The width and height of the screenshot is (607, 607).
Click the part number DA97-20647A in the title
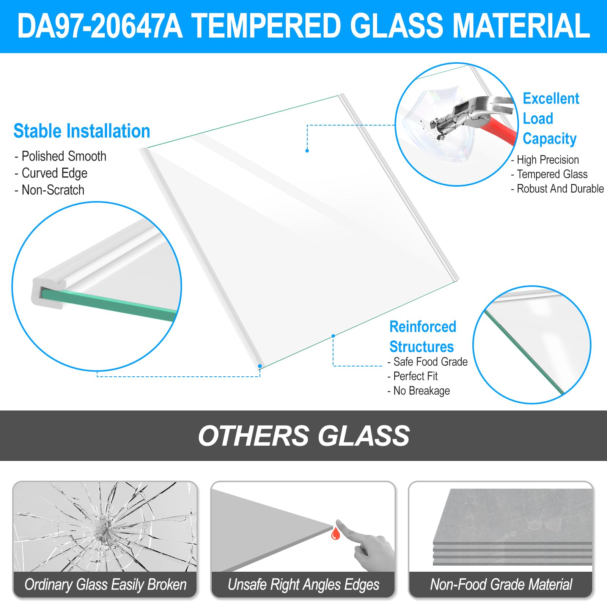coord(100,26)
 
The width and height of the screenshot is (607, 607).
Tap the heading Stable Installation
coord(82,131)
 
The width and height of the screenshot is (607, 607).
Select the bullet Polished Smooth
coord(61,156)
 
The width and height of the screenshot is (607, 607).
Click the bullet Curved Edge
coord(51,173)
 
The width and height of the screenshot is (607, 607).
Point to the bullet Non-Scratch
coord(50,190)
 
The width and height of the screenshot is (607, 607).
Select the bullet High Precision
coord(545,160)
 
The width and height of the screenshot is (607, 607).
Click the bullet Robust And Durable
coord(557,189)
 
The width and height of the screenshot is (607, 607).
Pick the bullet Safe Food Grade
coord(428,362)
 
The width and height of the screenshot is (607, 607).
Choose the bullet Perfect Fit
coord(413,376)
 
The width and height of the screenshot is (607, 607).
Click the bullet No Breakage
coord(419,391)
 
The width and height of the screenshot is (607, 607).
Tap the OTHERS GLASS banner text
coord(303,436)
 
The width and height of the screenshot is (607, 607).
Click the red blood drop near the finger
coord(335,533)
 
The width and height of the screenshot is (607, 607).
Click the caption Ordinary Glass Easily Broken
coord(105,585)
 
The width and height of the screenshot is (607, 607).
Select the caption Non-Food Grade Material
coord(501,585)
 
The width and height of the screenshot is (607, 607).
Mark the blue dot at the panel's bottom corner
coord(260,366)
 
